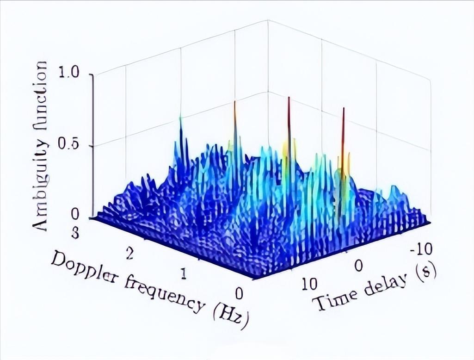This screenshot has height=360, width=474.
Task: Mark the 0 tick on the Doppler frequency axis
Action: coord(239,293)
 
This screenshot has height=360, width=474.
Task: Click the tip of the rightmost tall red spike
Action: coord(344,108)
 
